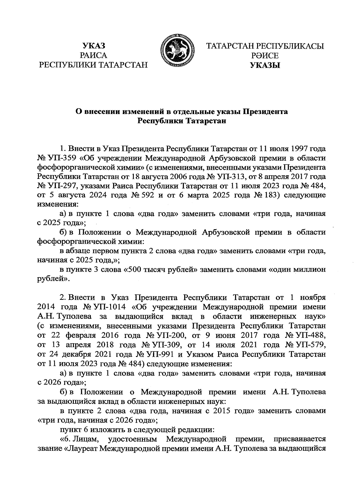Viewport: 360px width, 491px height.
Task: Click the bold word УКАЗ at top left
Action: click(94, 46)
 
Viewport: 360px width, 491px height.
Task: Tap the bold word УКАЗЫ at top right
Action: click(265, 65)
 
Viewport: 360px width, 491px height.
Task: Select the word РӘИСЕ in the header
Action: click(265, 56)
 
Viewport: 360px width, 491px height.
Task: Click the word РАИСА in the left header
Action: click(94, 56)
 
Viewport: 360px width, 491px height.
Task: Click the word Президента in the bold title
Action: click(265, 112)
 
